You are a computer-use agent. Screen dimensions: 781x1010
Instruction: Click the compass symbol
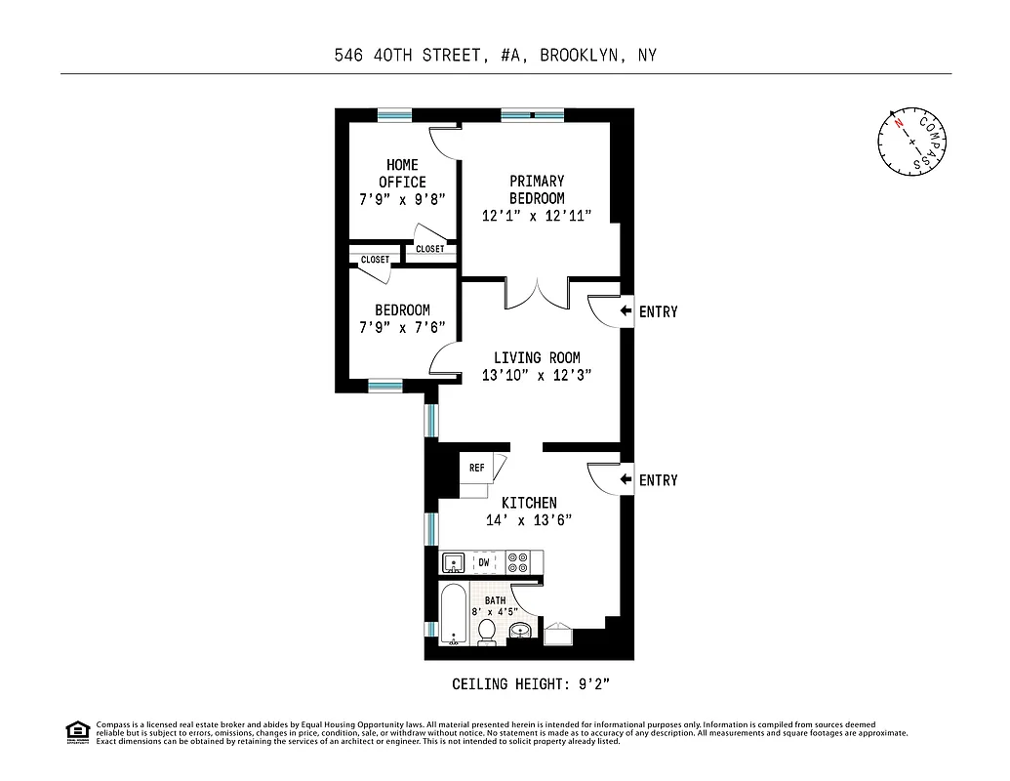coord(912,141)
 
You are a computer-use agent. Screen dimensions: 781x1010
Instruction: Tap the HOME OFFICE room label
coord(402,173)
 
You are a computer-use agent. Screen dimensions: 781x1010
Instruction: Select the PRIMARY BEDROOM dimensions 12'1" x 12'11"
coord(537,216)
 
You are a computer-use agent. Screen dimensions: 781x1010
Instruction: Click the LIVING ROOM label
coord(537,357)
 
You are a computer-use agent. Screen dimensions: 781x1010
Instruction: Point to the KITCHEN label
coord(529,503)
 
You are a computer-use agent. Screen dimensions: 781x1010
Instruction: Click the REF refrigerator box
coord(477,468)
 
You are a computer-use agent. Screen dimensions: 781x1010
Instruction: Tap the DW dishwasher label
coord(484,563)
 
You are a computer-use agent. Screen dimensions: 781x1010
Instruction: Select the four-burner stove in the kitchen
coord(518,562)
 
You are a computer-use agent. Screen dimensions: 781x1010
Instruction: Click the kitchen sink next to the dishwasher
coord(453,563)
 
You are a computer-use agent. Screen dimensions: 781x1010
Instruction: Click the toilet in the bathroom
coord(486,633)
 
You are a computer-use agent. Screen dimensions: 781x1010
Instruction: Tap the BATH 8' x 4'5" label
coord(496,607)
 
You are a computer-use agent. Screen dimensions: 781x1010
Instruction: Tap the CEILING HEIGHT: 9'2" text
coord(531,683)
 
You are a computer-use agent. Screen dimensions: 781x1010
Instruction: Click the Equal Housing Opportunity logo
coord(76,731)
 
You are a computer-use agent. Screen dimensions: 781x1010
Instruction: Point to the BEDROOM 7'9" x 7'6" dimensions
coord(402,328)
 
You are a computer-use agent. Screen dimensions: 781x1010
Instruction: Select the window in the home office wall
coord(394,114)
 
